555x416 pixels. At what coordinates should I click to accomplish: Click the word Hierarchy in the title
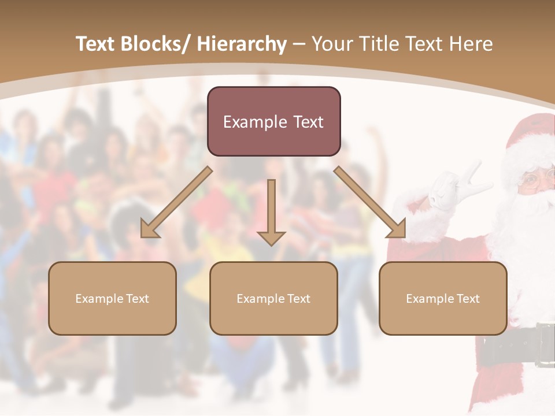click(242, 44)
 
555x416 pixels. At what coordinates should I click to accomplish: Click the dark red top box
click(273, 121)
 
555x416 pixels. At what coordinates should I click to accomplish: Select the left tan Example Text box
click(112, 298)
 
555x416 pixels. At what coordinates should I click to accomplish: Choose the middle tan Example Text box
click(273, 298)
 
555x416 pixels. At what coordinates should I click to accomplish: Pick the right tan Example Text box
click(443, 298)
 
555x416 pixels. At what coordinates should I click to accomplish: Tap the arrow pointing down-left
click(177, 202)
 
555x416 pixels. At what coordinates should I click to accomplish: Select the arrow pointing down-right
click(370, 202)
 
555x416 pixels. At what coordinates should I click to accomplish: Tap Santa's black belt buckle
click(545, 346)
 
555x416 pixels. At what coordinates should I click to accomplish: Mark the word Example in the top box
click(255, 122)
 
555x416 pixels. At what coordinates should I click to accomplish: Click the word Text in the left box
click(138, 299)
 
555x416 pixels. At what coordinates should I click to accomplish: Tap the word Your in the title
click(332, 44)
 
